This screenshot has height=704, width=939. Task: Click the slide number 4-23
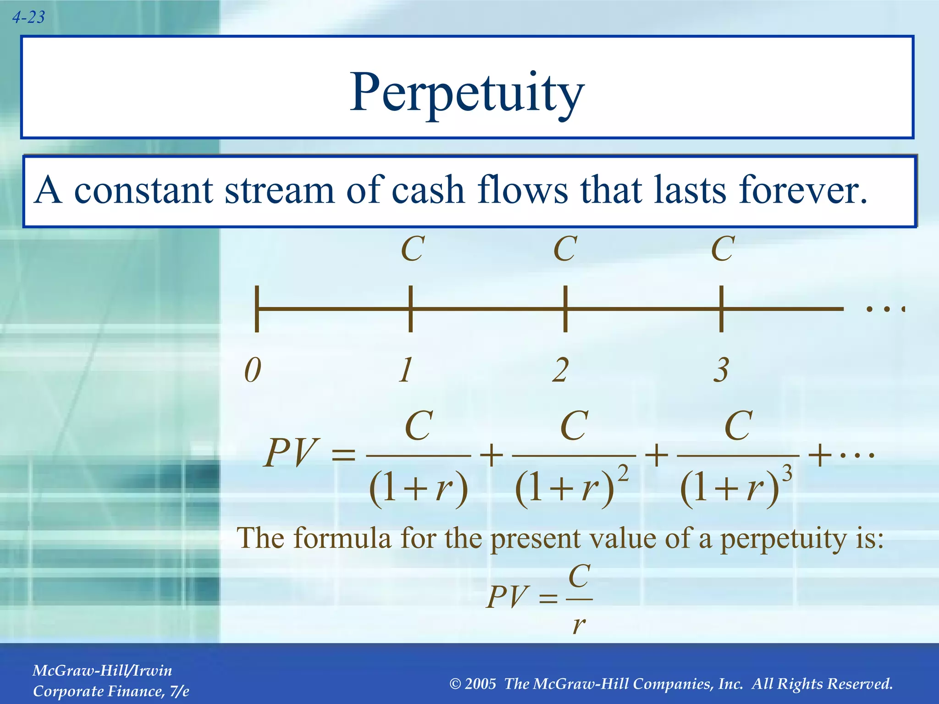(x=28, y=17)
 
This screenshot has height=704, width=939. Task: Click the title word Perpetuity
(x=466, y=93)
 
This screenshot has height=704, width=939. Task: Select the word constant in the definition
(x=144, y=190)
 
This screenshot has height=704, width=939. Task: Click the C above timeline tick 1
(x=412, y=249)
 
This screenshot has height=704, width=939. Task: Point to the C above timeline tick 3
(x=723, y=249)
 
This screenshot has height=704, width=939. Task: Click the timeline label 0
(x=253, y=370)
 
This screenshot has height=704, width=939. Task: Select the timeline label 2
(x=560, y=370)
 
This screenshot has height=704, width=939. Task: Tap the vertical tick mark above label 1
(x=410, y=308)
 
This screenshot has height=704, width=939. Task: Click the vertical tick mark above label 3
(x=721, y=308)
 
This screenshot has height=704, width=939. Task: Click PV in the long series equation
(x=291, y=453)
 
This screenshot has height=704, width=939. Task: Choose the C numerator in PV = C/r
(x=579, y=576)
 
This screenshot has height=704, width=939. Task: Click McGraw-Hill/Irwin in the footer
(x=102, y=671)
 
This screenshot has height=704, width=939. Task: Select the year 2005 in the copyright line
(x=480, y=684)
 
